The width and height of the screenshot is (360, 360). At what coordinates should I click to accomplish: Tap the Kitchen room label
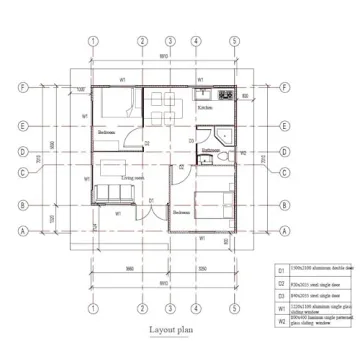point(205,106)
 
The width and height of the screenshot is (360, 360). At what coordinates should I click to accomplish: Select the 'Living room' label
point(134,177)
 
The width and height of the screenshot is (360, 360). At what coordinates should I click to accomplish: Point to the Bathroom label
point(210,150)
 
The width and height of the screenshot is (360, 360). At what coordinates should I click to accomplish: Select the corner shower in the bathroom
point(226,138)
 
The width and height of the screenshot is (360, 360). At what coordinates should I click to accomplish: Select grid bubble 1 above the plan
point(92,42)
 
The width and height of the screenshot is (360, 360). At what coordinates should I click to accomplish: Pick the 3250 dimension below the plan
point(202,270)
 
